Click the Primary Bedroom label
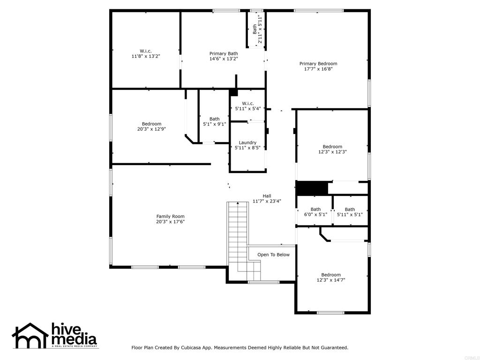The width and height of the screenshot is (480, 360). pos(318,64)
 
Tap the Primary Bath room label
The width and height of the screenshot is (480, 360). pos(224,53)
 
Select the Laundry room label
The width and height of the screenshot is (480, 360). pos(247,142)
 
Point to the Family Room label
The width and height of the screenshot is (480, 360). pos(170,216)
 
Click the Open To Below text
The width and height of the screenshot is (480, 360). pos(273,255)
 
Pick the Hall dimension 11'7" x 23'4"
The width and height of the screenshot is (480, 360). pos(267,201)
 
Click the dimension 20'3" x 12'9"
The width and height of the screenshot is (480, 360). pos(151,129)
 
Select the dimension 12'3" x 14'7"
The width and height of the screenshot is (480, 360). pos(331,280)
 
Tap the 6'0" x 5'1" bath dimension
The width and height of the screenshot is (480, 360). pos(315,215)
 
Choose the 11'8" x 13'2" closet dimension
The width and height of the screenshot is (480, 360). pos(146,56)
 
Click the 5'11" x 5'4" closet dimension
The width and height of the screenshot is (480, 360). pos(247,108)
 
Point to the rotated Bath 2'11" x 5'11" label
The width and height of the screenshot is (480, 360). pos(257,29)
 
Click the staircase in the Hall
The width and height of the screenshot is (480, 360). pos(238,234)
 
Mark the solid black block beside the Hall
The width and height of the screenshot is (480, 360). pos(311,188)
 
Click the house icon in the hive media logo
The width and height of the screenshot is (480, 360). pos(30,335)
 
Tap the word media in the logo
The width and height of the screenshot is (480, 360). pos(75,339)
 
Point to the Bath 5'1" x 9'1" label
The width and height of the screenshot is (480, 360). pos(214,121)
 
